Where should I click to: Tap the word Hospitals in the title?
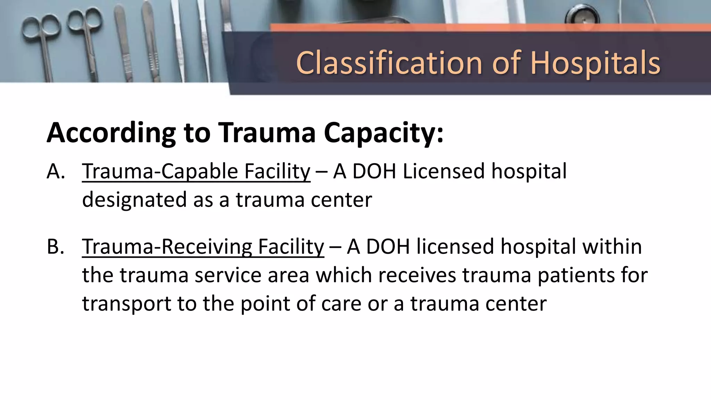pyautogui.click(x=595, y=63)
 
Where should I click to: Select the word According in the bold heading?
pyautogui.click(x=111, y=133)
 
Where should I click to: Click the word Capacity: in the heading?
pyautogui.click(x=384, y=133)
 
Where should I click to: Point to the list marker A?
pyautogui.click(x=56, y=172)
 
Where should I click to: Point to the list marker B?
pyautogui.click(x=56, y=247)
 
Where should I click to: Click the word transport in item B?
pyautogui.click(x=126, y=304)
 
